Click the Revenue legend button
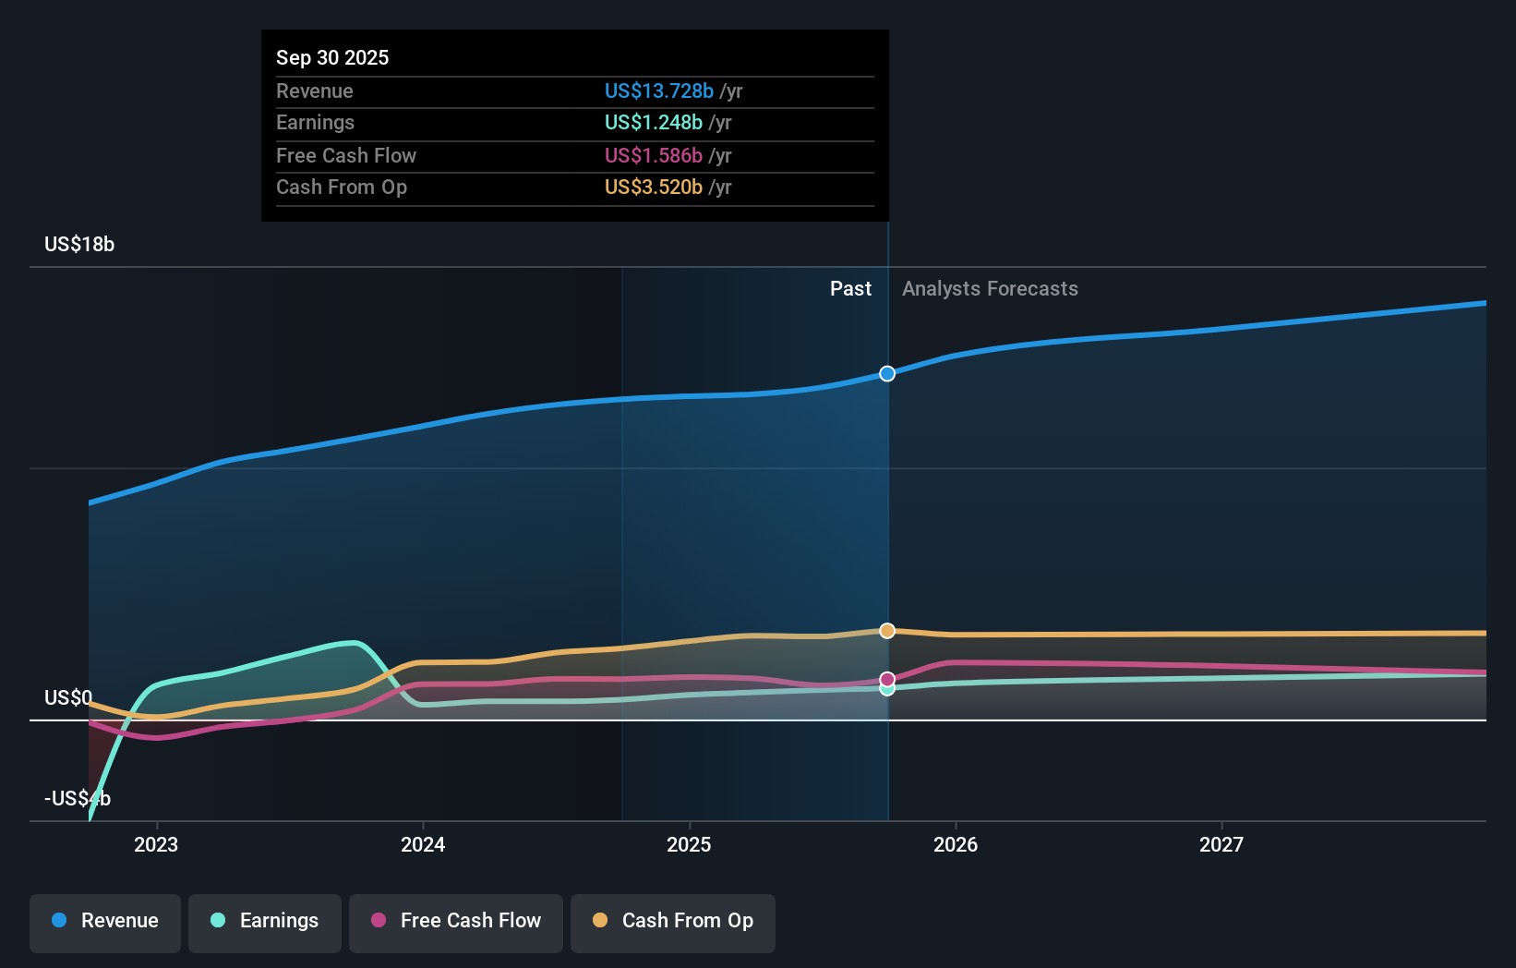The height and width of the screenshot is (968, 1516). [105, 921]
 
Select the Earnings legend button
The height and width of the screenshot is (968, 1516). [265, 921]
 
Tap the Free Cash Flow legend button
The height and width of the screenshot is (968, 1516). [456, 921]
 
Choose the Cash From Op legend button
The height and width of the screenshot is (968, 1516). [673, 921]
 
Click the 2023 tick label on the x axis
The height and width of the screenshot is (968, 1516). [156, 844]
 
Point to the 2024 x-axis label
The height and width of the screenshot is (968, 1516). [423, 844]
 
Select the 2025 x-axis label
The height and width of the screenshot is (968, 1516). [689, 844]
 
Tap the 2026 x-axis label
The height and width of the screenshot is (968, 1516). [956, 844]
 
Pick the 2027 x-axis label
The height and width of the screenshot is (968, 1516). [1221, 844]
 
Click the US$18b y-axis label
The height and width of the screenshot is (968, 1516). [79, 245]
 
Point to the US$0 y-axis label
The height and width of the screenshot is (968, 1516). [68, 697]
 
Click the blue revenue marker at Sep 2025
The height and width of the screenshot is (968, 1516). [887, 374]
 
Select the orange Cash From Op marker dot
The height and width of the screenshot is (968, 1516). [887, 631]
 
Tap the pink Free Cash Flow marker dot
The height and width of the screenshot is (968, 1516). [887, 679]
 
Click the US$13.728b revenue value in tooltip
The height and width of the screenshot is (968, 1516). [658, 91]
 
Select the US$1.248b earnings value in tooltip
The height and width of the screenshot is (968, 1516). [653, 123]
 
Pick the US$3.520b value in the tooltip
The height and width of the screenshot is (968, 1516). [653, 188]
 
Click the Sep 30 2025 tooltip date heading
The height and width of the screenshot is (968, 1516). [332, 58]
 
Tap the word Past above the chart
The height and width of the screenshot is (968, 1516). [850, 289]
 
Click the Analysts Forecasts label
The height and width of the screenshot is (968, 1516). [990, 289]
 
